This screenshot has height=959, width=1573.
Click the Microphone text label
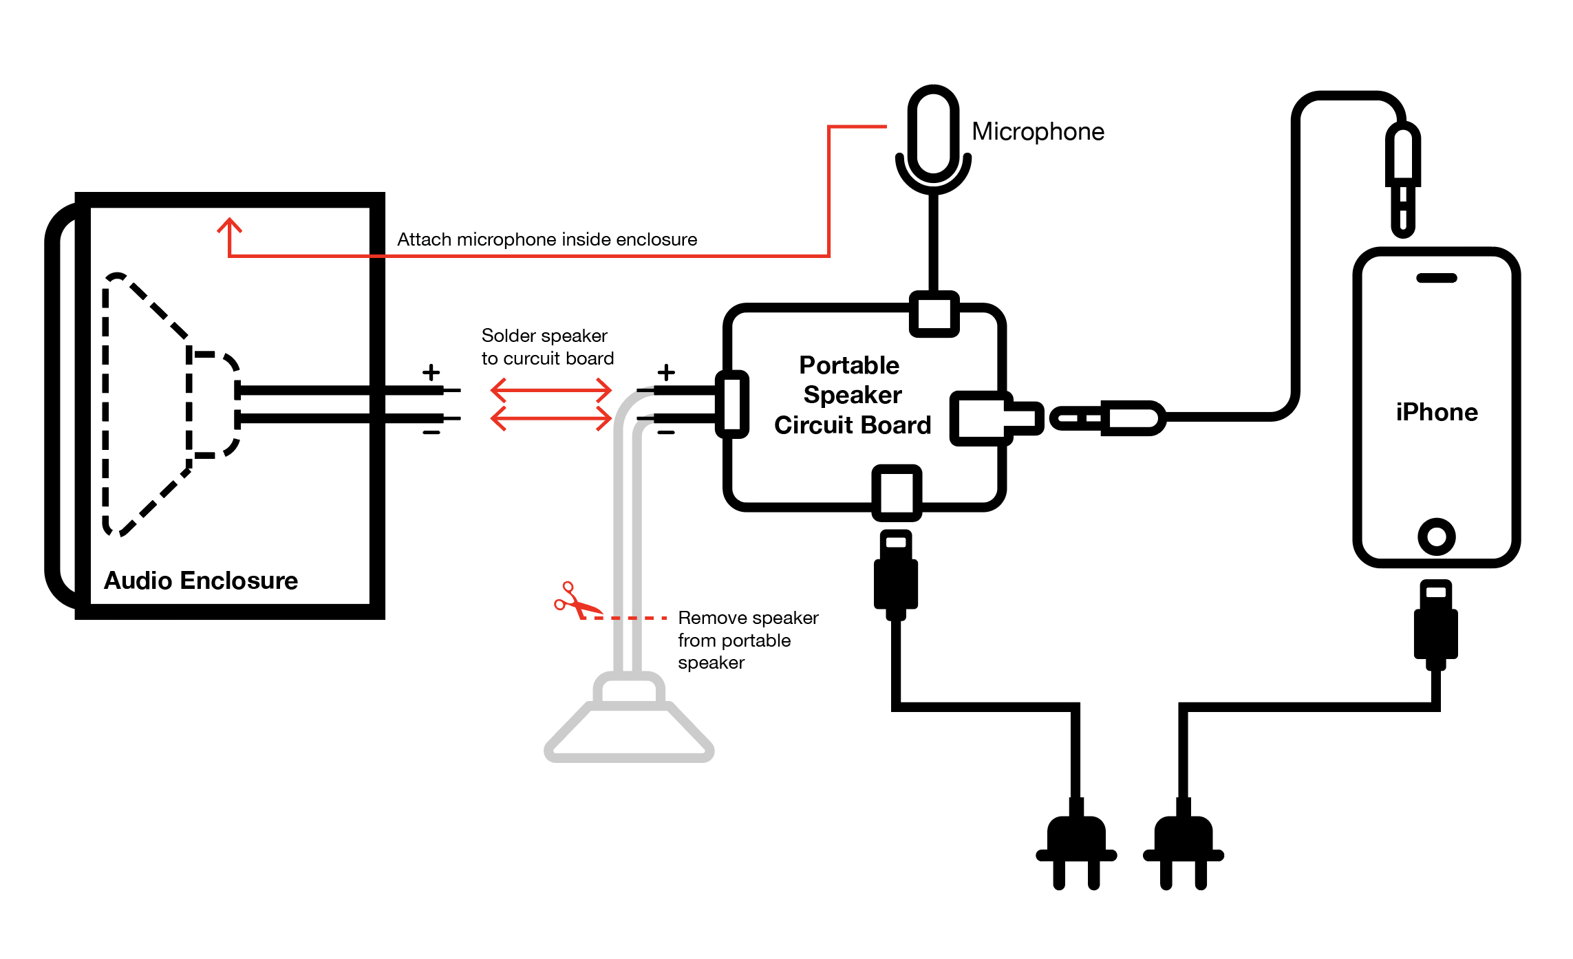pyautogui.click(x=1038, y=131)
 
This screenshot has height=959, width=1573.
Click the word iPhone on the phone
pyautogui.click(x=1437, y=412)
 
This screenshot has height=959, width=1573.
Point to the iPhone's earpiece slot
pyautogui.click(x=1437, y=278)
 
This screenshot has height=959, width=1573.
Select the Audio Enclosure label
pyautogui.click(x=201, y=581)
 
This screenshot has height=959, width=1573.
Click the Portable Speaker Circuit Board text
pyautogui.click(x=852, y=395)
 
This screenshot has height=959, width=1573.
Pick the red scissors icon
pyautogui.click(x=575, y=601)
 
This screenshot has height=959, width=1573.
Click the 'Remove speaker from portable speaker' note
pyautogui.click(x=747, y=640)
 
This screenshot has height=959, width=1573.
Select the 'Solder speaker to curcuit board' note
pyautogui.click(x=547, y=347)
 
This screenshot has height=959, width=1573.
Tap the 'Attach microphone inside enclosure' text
pyautogui.click(x=547, y=239)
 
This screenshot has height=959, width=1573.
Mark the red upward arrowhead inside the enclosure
pyautogui.click(x=229, y=226)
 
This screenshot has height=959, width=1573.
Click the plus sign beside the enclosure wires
pyautogui.click(x=431, y=372)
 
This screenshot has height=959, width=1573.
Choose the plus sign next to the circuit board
pyautogui.click(x=666, y=372)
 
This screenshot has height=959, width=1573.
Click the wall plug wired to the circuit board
pyautogui.click(x=1076, y=846)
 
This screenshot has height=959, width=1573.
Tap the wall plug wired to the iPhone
pyautogui.click(x=1184, y=846)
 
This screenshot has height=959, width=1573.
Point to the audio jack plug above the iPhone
pyautogui.click(x=1403, y=179)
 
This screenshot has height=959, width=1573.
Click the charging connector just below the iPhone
pyautogui.click(x=1436, y=623)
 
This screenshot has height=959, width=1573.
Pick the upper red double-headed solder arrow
pyautogui.click(x=551, y=390)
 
